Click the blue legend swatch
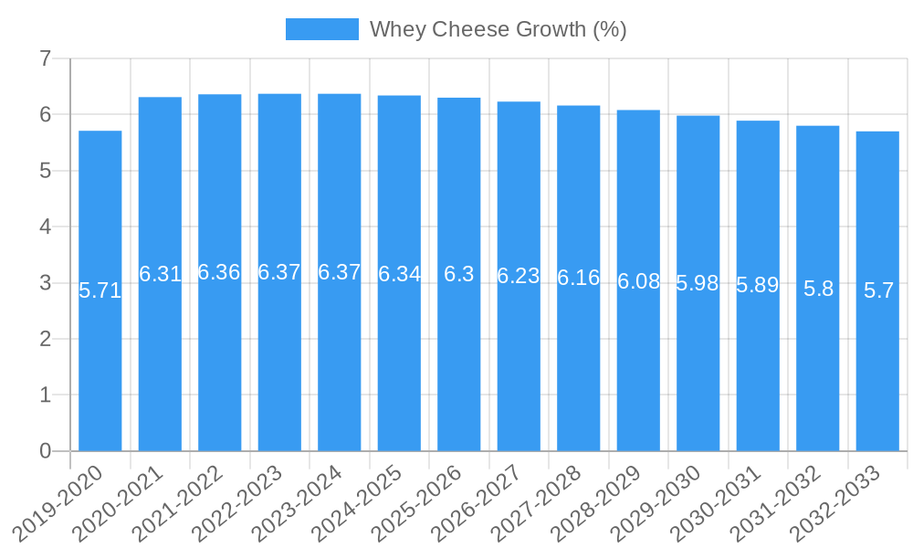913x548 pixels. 321,29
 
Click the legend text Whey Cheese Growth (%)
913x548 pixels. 498,29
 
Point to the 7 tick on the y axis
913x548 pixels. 45,59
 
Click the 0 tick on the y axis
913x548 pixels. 45,451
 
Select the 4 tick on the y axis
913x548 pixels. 45,227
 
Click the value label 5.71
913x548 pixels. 100,291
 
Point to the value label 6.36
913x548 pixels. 219,272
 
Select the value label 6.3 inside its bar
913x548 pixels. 459,274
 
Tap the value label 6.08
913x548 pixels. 638,281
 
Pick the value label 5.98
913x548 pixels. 698,283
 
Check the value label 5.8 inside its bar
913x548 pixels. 818,289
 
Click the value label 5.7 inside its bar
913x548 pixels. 878,291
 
